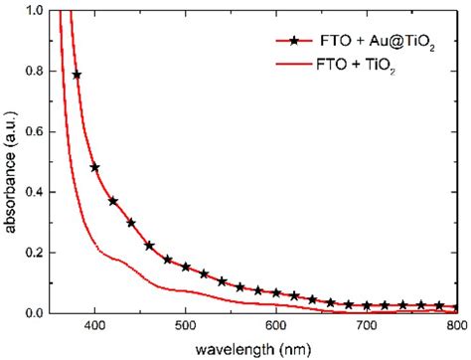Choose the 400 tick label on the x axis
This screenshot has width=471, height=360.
95,327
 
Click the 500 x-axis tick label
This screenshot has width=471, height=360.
186,327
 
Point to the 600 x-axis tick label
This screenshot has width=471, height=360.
276,327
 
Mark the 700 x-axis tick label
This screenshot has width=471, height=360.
367,327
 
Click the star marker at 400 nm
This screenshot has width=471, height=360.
95,168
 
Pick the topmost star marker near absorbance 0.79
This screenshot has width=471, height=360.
78,75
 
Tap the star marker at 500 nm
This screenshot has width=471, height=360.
186,267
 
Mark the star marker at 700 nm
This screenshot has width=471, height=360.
367,305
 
